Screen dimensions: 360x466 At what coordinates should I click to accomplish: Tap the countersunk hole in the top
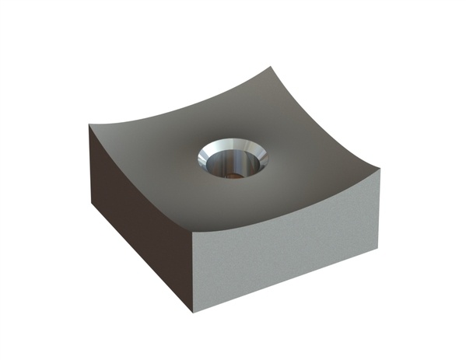point(232,159)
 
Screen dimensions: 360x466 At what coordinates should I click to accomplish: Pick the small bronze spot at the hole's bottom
point(231,175)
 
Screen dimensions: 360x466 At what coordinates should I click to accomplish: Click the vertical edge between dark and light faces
point(191,272)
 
